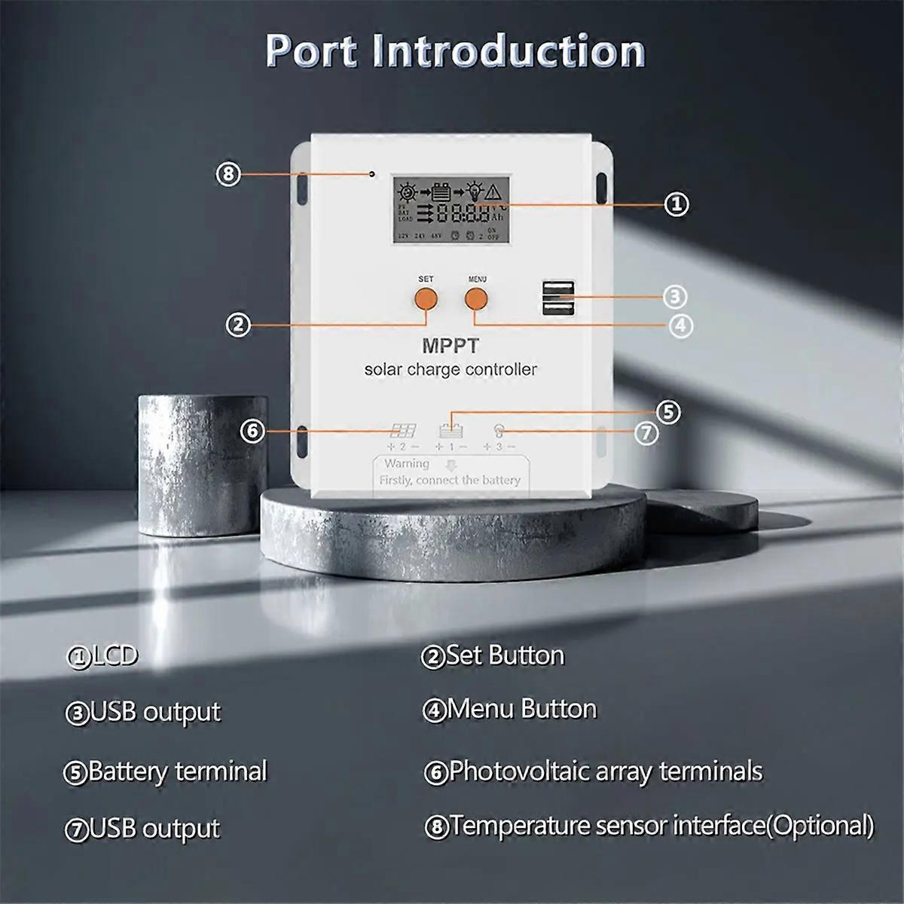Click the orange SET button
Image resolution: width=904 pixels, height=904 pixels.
point(426,299)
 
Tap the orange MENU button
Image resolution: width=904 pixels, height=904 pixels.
point(476,299)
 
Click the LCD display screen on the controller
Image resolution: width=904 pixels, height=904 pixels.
point(450,209)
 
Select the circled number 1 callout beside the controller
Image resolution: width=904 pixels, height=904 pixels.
point(676,203)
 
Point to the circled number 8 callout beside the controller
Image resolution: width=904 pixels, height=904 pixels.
point(228,174)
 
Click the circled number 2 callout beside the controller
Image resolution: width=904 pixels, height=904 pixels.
point(238,325)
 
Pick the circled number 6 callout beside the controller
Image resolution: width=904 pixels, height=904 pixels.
point(252,431)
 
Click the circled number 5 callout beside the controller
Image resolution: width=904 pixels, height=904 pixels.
point(667,412)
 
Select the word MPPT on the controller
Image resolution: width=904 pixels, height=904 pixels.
point(450,346)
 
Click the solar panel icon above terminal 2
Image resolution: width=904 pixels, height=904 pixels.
point(402,431)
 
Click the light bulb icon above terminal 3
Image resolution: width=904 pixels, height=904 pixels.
point(499,431)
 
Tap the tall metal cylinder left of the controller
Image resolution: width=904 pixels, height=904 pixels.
point(203,463)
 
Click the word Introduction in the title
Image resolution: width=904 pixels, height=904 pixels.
point(508,51)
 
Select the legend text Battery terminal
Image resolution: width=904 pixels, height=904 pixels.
point(177,771)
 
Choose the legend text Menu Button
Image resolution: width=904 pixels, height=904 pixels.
point(521,709)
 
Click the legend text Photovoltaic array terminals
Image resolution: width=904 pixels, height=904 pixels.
point(606,771)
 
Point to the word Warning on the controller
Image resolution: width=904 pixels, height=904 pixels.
point(407,463)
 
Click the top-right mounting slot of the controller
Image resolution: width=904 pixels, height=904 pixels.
point(602,187)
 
